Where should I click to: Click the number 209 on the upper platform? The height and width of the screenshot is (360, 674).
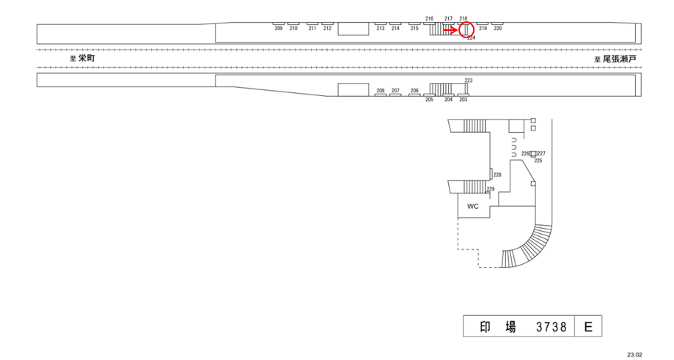279,28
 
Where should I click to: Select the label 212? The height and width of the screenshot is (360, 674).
327,28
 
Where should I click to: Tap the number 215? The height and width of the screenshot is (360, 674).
414,28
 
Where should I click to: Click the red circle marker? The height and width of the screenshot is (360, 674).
466,30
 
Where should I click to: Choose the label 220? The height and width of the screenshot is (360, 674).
498,28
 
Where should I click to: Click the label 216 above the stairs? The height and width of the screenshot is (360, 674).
429,18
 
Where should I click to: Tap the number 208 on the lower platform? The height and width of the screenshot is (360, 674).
381,91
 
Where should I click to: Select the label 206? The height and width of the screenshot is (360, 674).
414,91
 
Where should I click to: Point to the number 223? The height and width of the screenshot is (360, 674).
469,80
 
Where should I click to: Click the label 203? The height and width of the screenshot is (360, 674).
463,100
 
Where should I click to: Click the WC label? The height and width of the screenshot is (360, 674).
473,206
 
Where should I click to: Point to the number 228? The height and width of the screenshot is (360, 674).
497,175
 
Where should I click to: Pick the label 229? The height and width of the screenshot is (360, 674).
491,188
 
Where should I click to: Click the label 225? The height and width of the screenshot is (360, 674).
538,160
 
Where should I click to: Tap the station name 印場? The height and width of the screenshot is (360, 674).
498,326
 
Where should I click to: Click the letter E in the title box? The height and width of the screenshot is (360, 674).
588,326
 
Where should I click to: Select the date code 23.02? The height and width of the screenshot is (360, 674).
634,353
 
